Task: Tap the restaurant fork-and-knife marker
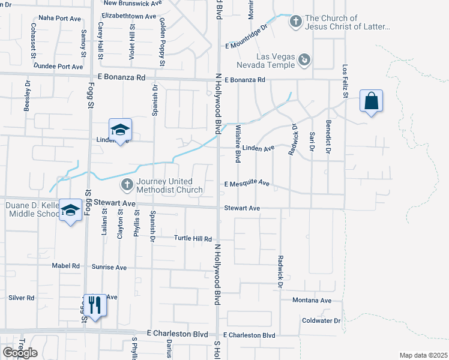coord(94,305)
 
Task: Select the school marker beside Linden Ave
coord(120,130)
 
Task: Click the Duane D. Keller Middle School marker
coord(71,211)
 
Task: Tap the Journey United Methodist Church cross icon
coord(127,184)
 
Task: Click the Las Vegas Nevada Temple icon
coord(306,59)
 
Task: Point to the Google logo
coord(20,353)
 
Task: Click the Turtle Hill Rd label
coord(193,239)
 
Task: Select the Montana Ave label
coord(312,301)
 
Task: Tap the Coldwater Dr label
coord(321,321)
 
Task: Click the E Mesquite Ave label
coord(247,184)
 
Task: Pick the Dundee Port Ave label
coord(58,67)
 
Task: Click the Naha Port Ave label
coord(59,19)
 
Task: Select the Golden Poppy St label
coord(162,41)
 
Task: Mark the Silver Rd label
coord(21,298)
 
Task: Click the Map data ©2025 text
coord(423,355)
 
